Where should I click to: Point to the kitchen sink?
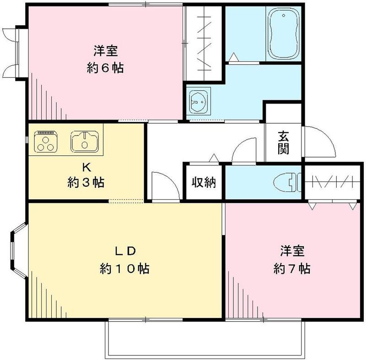coord(85,140)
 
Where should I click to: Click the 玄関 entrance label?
coord(284,143)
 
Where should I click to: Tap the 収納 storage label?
coord(204,182)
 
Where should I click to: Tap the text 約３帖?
coord(86,183)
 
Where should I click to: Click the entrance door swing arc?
coord(320,142)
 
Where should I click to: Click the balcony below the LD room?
coord(205,339)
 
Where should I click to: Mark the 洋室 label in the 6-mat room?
coord(105,49)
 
